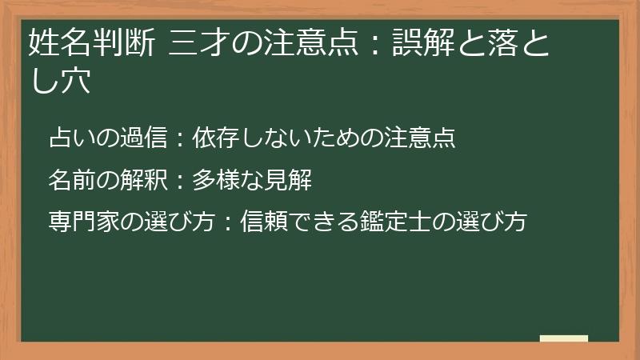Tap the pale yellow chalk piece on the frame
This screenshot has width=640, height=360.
pos(563,338)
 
